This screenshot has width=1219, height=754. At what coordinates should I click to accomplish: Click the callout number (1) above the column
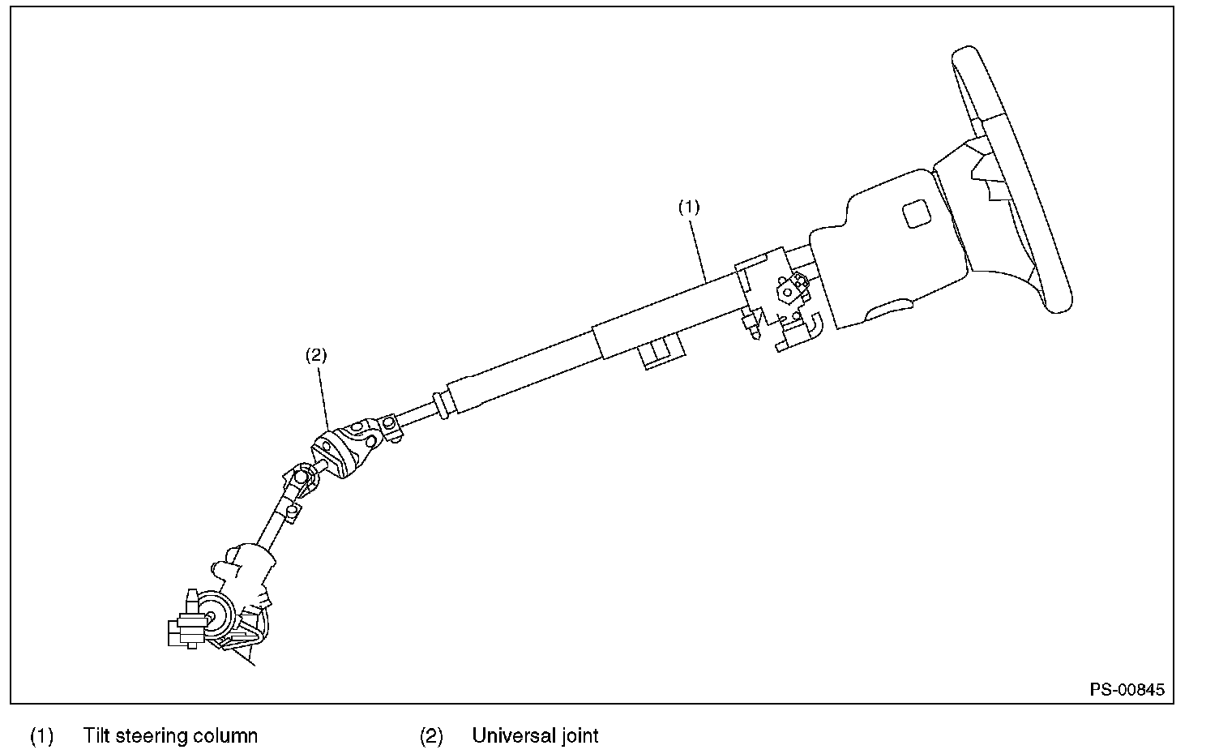[688, 207]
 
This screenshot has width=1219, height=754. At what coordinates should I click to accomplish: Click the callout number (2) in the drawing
[315, 354]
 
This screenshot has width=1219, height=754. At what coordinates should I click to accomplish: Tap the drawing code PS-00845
[1127, 690]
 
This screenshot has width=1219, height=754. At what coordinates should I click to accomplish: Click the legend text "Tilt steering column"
[170, 736]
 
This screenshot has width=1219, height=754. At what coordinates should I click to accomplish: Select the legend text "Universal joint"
[535, 736]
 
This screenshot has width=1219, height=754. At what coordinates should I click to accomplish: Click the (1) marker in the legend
[42, 736]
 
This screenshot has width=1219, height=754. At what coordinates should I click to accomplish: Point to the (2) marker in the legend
[431, 736]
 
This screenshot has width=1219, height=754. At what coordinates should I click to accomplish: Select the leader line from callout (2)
[322, 397]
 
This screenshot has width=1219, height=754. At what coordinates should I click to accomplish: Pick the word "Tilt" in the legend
[96, 736]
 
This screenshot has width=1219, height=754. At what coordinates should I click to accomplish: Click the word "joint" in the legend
[579, 736]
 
